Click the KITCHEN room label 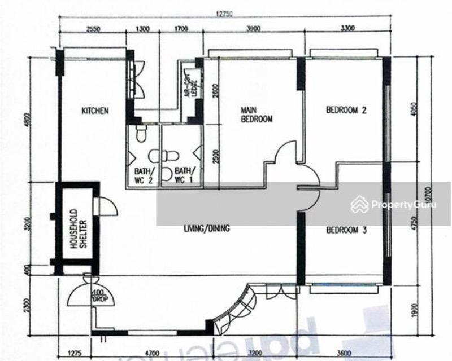[94, 111]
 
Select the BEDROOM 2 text [346, 111]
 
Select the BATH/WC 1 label [182, 175]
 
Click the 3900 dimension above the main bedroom [254, 29]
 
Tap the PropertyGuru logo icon [359, 204]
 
